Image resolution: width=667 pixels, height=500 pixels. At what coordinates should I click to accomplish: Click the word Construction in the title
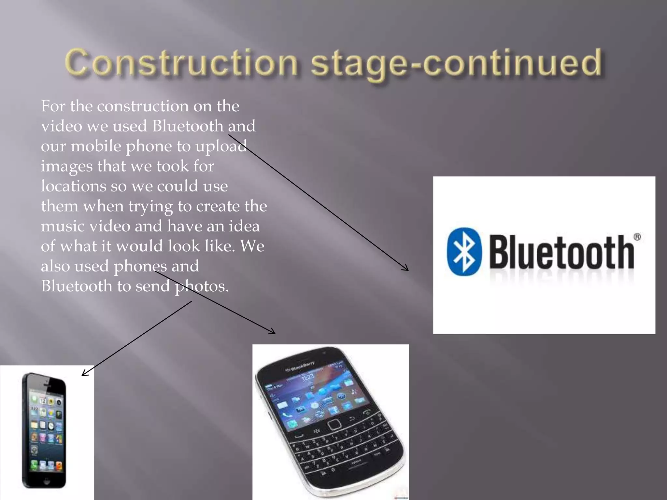click(181, 62)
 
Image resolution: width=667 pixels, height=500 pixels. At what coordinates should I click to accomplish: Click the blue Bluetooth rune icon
click(464, 251)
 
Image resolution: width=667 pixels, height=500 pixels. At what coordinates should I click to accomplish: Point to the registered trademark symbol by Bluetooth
click(637, 237)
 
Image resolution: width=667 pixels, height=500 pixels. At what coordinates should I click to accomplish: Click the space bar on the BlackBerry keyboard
click(357, 463)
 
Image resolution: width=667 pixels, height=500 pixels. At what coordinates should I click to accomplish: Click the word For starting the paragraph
click(53, 106)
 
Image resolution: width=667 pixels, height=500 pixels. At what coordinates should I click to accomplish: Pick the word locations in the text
click(73, 186)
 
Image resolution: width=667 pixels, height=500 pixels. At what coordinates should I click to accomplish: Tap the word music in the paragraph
click(62, 226)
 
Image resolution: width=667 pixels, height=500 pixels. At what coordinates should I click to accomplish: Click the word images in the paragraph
click(66, 166)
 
